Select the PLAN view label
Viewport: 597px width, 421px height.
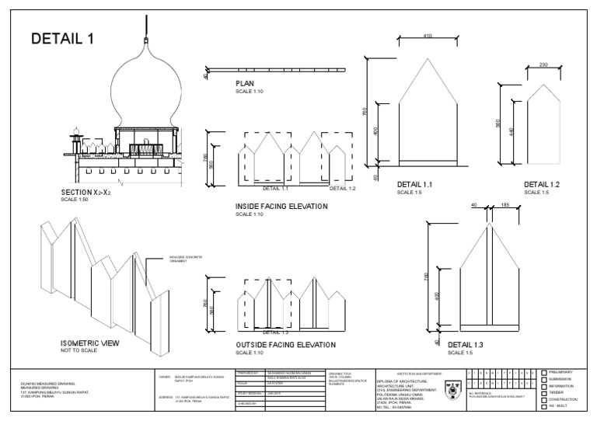coord(245,84)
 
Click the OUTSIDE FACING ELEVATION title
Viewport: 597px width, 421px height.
coord(285,344)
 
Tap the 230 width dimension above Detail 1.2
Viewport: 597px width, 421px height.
coord(543,65)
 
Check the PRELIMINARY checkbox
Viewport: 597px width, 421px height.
coord(544,373)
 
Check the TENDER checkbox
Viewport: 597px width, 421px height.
coord(544,393)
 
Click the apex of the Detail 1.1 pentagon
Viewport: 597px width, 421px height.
coord(428,56)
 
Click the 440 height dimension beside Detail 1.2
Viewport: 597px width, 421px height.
coord(512,132)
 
